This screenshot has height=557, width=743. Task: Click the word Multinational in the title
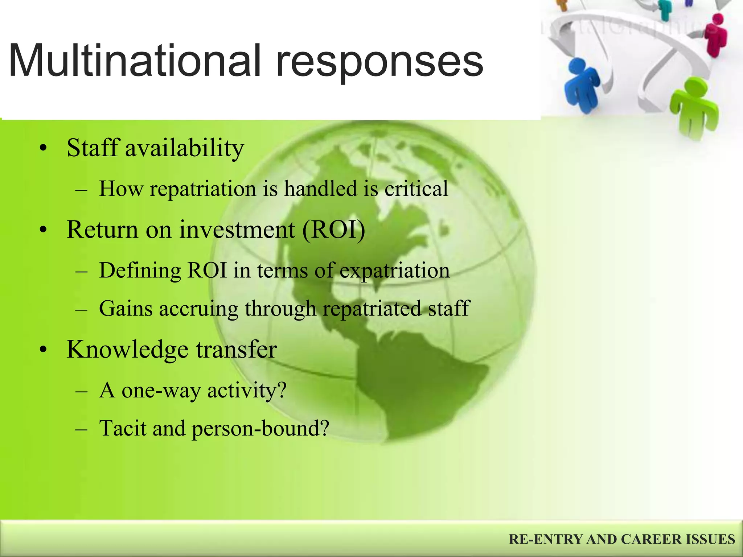[x=134, y=61]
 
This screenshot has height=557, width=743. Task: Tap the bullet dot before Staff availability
[x=44, y=149]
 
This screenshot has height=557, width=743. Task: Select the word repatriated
[x=372, y=309]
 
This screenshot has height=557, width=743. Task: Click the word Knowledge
[x=128, y=350]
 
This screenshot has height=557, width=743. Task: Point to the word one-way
[x=161, y=391]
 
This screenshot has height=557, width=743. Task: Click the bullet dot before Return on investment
[x=44, y=231]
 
